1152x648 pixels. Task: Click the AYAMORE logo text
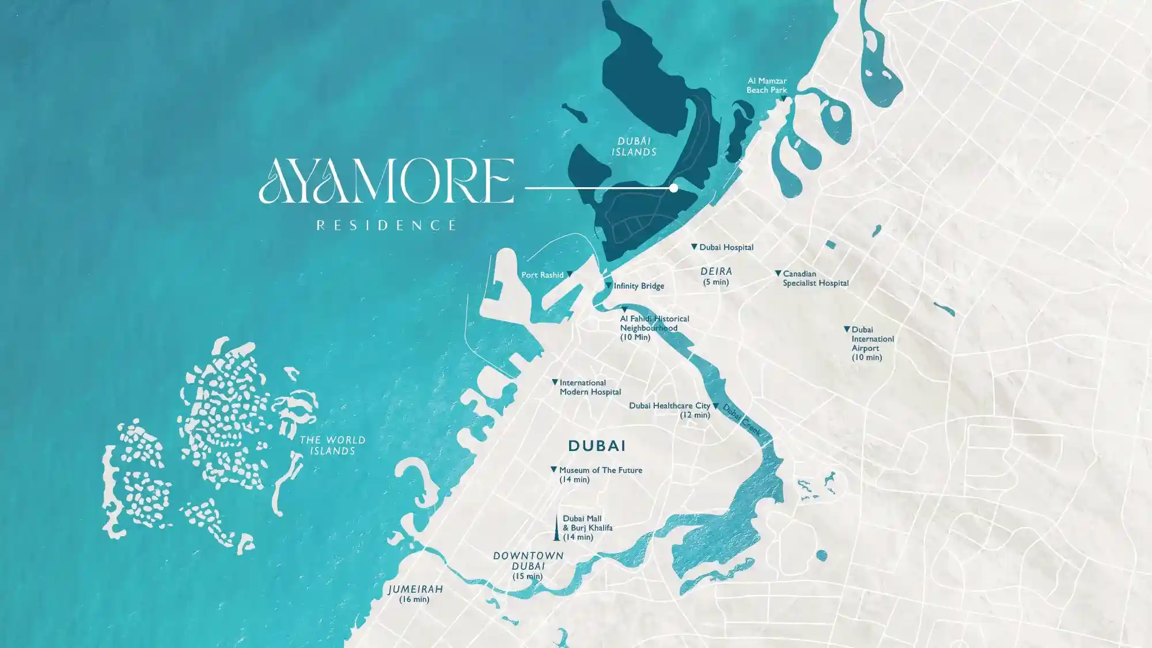pyautogui.click(x=386, y=181)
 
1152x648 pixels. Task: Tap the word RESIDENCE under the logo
pyautogui.click(x=386, y=225)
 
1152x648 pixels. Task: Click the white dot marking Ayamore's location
pyautogui.click(x=673, y=188)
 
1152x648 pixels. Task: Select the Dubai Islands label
pyautogui.click(x=634, y=146)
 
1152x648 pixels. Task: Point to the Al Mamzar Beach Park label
pyautogui.click(x=767, y=85)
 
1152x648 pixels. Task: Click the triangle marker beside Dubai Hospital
pyautogui.click(x=694, y=247)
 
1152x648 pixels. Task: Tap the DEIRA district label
pyautogui.click(x=716, y=271)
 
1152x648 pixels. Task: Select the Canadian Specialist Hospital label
pyautogui.click(x=815, y=278)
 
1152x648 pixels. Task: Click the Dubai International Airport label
pyautogui.click(x=871, y=343)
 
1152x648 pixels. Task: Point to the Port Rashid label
pyautogui.click(x=542, y=275)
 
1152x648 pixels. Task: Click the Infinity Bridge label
pyautogui.click(x=639, y=286)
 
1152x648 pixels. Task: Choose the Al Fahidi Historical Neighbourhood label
pyautogui.click(x=654, y=327)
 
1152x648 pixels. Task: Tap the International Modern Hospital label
pyautogui.click(x=590, y=387)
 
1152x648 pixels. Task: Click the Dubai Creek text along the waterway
pyautogui.click(x=742, y=420)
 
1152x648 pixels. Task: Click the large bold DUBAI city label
pyautogui.click(x=597, y=446)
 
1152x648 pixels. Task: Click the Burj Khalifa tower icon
pyautogui.click(x=556, y=528)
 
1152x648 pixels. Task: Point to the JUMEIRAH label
pyautogui.click(x=415, y=589)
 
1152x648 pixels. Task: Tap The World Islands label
pyautogui.click(x=332, y=445)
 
